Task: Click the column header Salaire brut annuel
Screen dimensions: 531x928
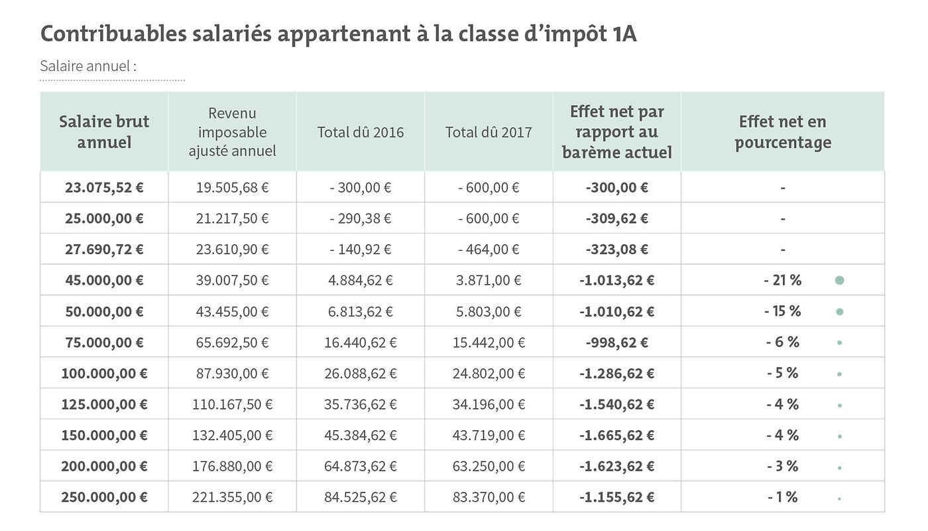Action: point(104,131)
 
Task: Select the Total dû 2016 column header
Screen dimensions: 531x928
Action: point(360,132)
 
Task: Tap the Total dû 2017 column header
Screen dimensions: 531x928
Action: point(489,132)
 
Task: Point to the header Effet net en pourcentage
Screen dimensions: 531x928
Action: point(783,131)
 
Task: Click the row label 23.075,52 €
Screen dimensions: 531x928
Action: point(104,187)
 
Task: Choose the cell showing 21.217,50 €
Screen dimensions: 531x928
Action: point(232,218)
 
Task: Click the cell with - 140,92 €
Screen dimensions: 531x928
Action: point(360,250)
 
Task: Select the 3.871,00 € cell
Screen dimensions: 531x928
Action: point(489,280)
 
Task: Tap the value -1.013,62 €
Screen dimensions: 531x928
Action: point(616,280)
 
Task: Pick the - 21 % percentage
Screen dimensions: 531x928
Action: point(782,280)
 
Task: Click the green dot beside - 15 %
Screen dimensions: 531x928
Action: point(840,311)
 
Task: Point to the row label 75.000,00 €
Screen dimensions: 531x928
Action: point(104,342)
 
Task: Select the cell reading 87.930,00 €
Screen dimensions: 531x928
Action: point(232,373)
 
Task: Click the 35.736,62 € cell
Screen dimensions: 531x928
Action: point(360,404)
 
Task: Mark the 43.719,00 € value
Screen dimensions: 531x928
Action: point(489,435)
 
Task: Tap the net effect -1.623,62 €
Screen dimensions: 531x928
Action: point(616,466)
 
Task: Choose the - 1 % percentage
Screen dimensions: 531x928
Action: point(782,497)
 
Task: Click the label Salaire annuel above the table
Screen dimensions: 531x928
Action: point(88,66)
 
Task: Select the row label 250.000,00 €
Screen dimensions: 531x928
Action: point(104,497)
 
